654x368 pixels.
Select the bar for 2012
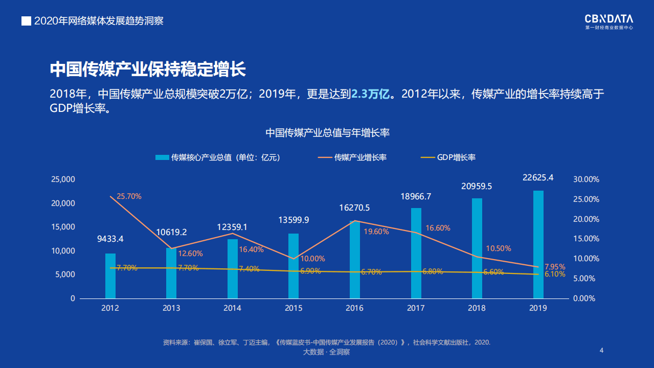click(110, 275)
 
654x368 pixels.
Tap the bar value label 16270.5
click(354, 208)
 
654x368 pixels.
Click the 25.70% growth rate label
click(129, 196)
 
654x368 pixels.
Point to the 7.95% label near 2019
click(555, 267)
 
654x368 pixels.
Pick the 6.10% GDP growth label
click(555, 274)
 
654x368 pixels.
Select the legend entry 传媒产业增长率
click(352, 157)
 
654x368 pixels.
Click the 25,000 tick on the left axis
click(63, 179)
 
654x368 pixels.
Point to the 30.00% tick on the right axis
click(586, 179)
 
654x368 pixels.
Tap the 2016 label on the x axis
click(354, 308)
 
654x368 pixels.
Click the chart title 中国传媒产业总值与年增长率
click(327, 133)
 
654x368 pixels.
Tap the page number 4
click(601, 350)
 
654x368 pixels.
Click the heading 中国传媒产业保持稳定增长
click(148, 70)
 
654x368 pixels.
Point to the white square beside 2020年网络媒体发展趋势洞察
click(26, 21)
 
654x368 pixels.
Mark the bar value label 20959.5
click(477, 187)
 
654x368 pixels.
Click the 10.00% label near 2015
click(313, 259)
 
